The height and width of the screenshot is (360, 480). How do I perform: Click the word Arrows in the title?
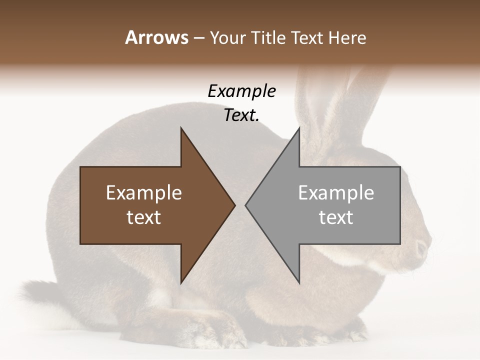[x=156, y=37]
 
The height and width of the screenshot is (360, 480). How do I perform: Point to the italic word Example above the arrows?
[x=241, y=91]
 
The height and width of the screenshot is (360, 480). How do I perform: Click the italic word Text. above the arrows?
[x=241, y=115]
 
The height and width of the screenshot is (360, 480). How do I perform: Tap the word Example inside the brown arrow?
[x=144, y=193]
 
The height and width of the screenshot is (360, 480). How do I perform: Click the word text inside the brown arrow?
[x=144, y=217]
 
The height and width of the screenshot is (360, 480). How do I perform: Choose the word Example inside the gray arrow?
[x=336, y=193]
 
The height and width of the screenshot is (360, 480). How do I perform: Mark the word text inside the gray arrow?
[x=336, y=217]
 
